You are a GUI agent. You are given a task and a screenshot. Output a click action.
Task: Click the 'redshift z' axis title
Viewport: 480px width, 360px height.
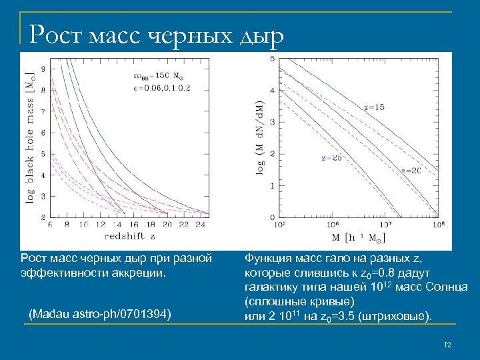[x=131, y=235]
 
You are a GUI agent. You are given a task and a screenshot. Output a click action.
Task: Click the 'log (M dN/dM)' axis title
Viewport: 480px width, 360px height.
[x=261, y=138]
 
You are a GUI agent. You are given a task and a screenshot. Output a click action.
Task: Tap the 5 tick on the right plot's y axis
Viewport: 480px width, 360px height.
[x=271, y=59]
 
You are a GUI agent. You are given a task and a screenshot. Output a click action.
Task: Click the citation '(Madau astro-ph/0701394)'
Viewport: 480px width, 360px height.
[x=98, y=313]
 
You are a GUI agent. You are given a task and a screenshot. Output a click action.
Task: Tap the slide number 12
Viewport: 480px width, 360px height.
[x=447, y=345]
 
